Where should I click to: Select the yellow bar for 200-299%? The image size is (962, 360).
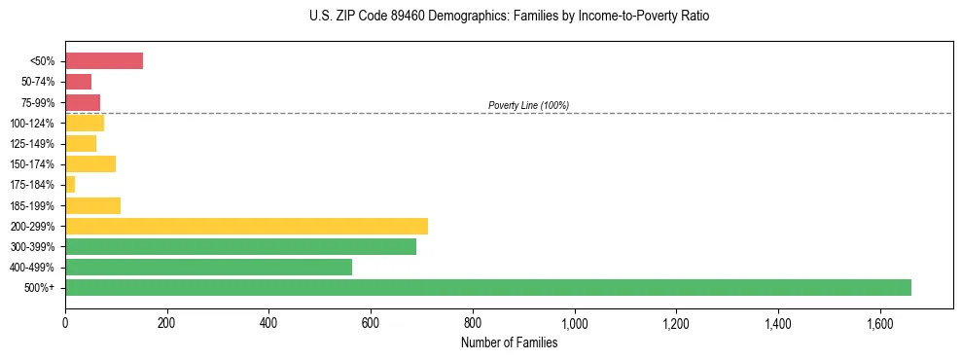pos(246,226)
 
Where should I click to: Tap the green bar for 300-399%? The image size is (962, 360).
pos(240,246)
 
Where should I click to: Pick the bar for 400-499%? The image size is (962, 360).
pos(208,267)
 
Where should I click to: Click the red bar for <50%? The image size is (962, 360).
pos(104,61)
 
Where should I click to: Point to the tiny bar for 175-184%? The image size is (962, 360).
pos(70,184)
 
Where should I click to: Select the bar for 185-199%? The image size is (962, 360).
pos(92,205)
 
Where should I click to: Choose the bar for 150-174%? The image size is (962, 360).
pos(90,163)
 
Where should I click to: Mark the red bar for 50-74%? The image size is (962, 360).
pos(78,82)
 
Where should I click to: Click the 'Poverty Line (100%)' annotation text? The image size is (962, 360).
pos(528,105)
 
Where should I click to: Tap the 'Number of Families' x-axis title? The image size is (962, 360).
pos(509,342)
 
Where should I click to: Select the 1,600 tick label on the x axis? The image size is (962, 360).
pos(879,322)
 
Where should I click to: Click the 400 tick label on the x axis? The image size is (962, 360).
pos(268,322)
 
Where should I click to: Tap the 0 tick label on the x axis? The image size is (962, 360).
pos(65,322)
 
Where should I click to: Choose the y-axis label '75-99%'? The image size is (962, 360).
pos(39,102)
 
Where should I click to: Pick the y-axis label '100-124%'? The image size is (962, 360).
pos(35,124)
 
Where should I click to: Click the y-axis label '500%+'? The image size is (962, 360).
pos(41,288)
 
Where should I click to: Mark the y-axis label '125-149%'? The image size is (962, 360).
pos(35,144)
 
